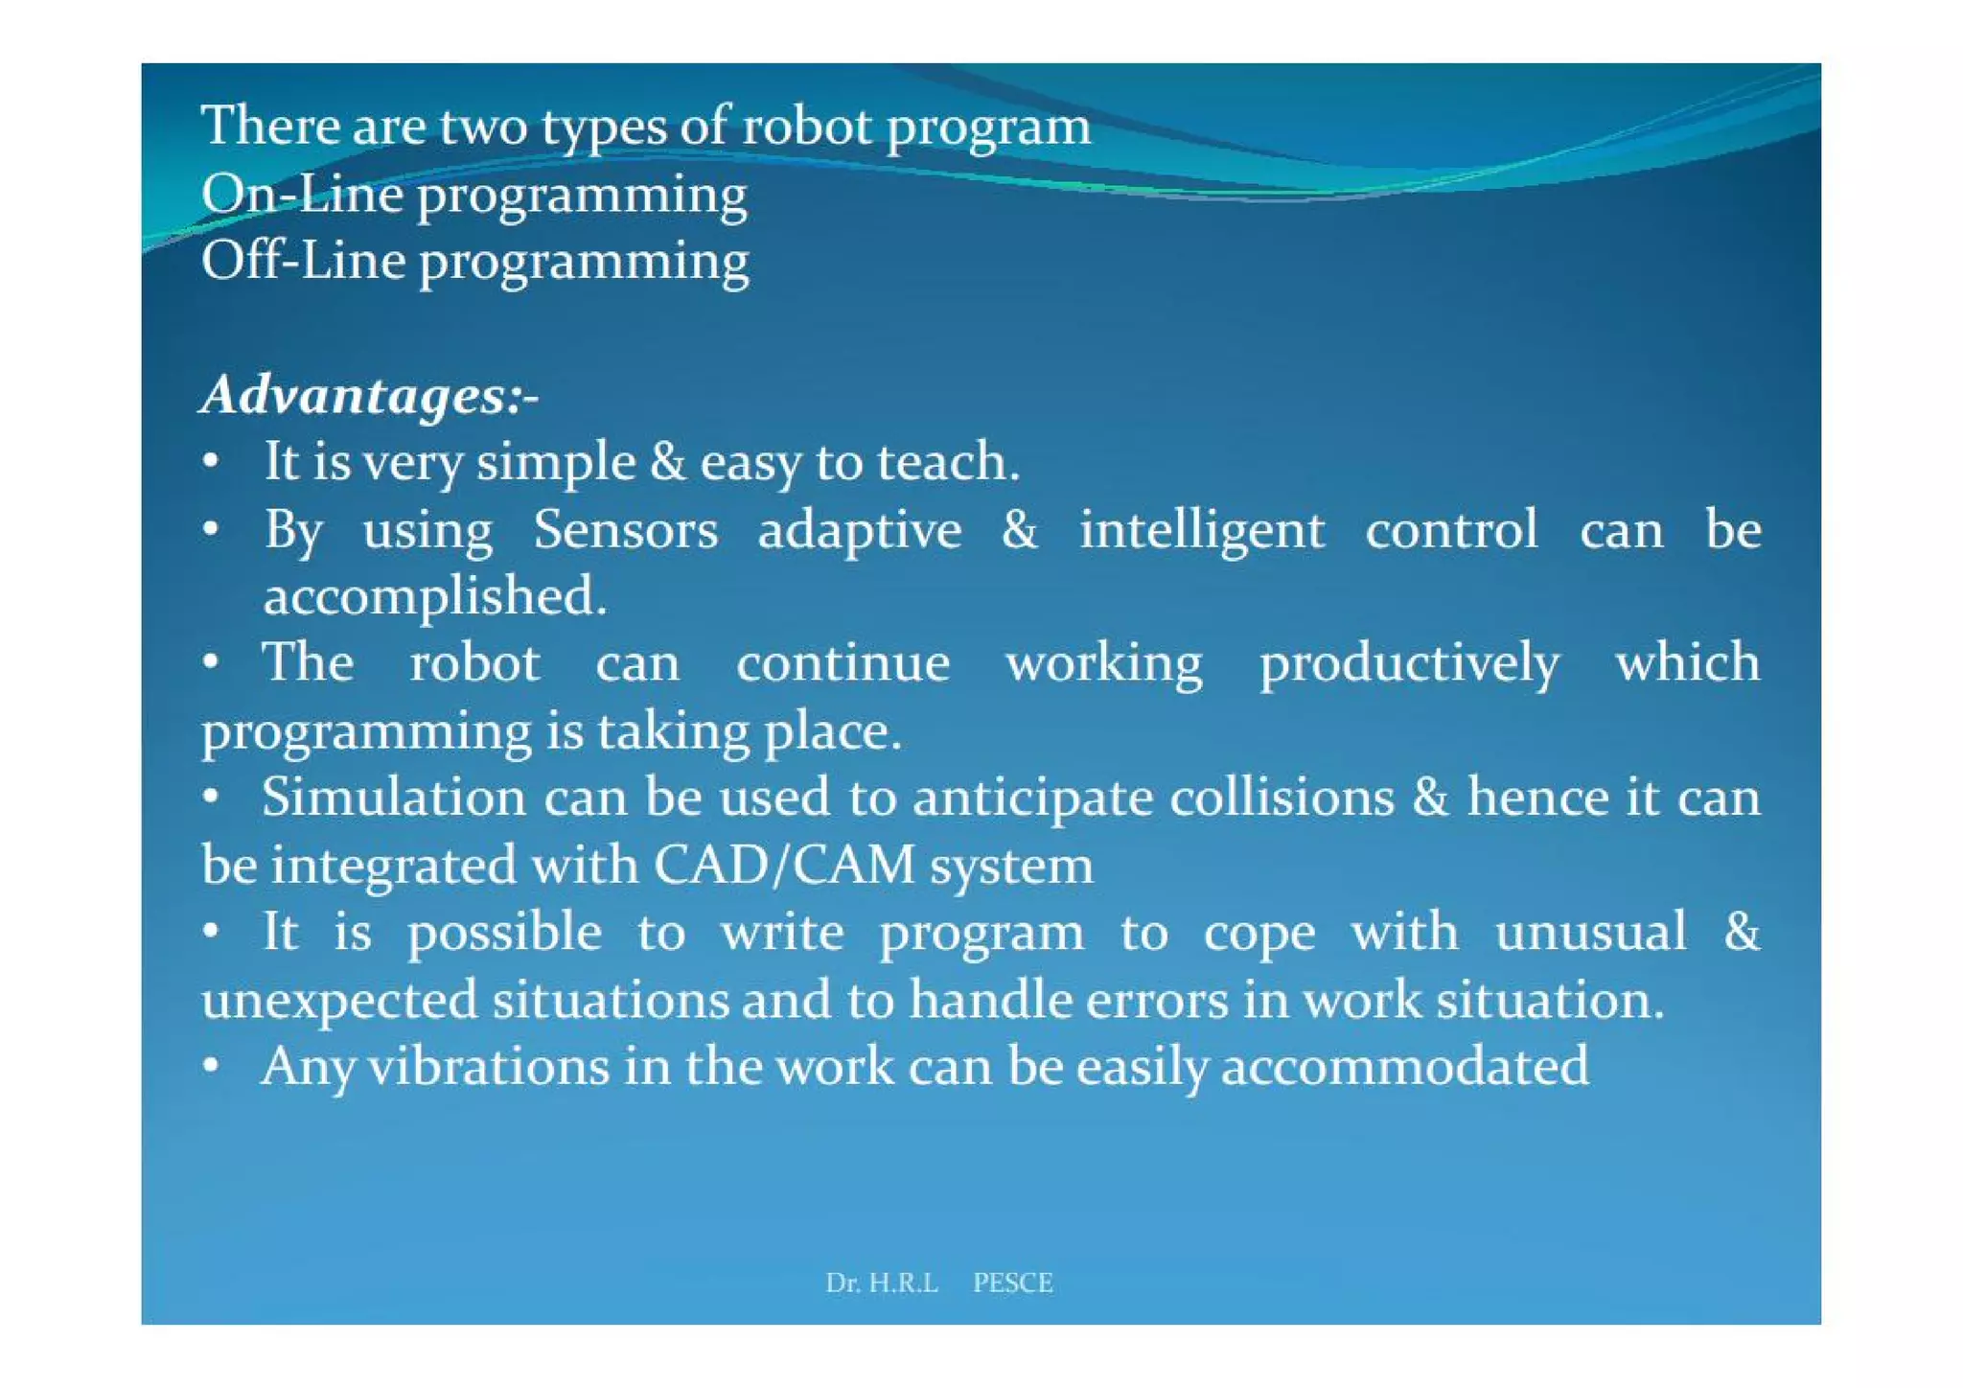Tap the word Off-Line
[303, 261]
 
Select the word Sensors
[625, 530]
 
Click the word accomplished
[434, 598]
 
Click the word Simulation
[393, 798]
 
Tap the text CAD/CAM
[784, 865]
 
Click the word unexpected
[339, 1001]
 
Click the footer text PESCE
[1012, 1283]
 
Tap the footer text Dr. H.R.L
[882, 1283]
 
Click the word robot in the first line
[807, 127]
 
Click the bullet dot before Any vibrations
[212, 1065]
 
